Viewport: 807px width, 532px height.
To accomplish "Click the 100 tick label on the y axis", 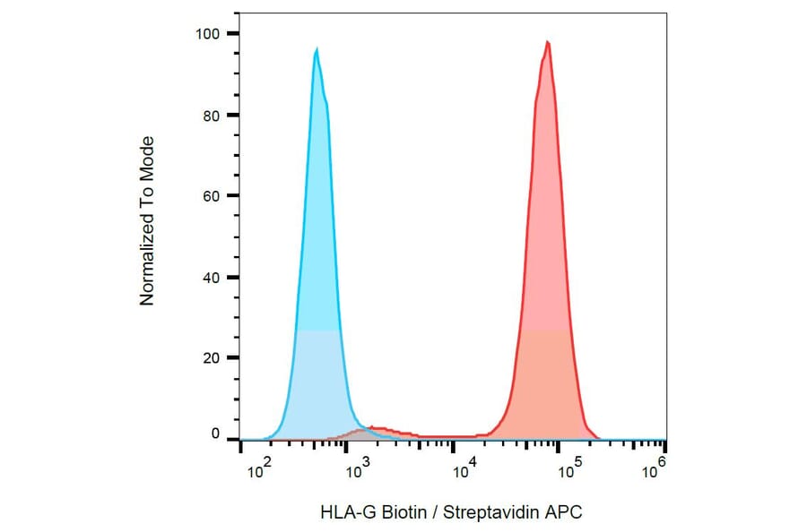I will click(x=206, y=34).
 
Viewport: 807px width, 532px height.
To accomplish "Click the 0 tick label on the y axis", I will click(x=214, y=434).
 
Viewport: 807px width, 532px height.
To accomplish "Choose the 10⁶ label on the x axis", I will click(x=655, y=465).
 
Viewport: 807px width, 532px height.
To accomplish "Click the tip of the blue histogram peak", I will click(x=317, y=50).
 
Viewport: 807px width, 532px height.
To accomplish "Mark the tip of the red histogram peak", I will click(x=547, y=42).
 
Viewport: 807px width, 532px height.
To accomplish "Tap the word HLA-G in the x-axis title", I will click(x=343, y=513).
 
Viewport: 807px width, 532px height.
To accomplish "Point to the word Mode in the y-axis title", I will click(x=147, y=156).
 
